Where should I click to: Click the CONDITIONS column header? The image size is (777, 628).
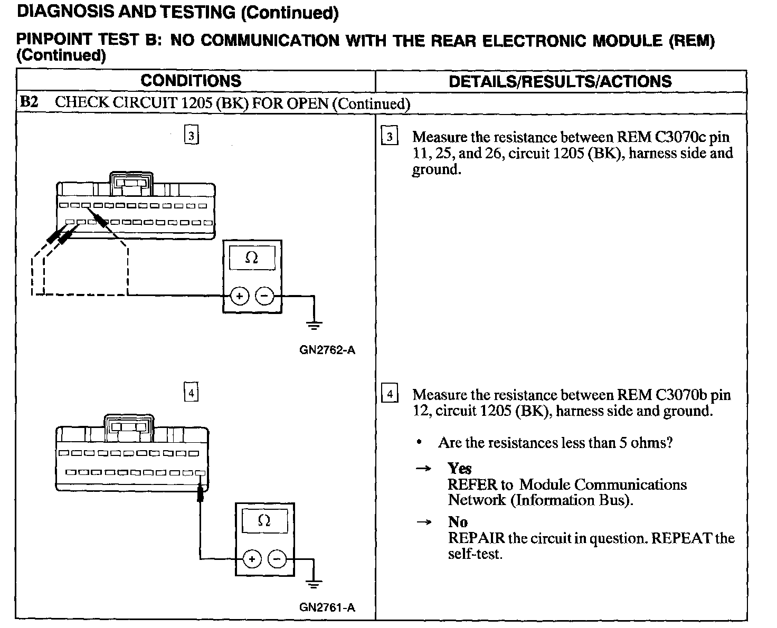191,81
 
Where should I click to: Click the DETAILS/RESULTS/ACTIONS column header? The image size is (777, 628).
560,81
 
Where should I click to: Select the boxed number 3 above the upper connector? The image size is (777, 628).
191,136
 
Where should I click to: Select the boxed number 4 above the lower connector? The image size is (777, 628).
191,393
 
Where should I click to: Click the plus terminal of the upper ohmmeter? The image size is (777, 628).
239,297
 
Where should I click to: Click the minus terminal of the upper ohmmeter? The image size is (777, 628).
264,297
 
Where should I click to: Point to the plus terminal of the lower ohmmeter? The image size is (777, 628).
252,559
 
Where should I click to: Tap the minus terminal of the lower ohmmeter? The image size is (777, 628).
277,559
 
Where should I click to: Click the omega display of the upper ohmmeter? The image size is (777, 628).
252,258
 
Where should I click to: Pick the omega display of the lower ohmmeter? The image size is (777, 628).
264,521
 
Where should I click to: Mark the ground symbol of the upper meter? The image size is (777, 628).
314,325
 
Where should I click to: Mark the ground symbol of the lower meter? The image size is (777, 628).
314,584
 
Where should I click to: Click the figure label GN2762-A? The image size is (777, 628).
327,350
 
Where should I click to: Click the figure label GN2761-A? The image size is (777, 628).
327,607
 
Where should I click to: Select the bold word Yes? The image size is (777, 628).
459,468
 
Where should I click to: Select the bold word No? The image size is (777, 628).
458,522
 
